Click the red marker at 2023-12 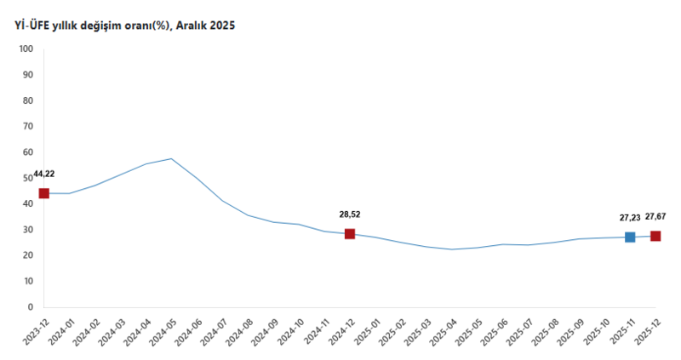44,193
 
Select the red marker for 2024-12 350,234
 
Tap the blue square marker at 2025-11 630,237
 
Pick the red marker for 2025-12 655,236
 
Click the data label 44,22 44,174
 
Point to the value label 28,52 350,214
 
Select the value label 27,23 630,218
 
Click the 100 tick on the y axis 25,49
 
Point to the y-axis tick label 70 27,127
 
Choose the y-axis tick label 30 27,230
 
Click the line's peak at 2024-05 172,158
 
